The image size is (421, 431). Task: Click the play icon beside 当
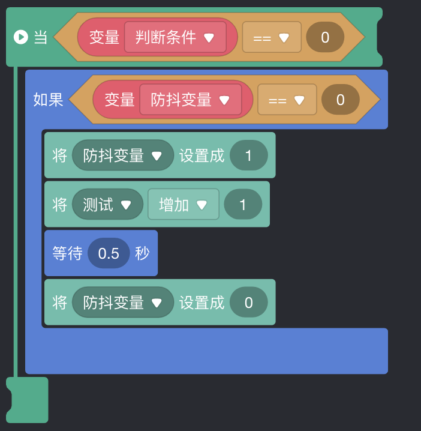[x=20, y=37]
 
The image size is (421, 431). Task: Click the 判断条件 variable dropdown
[x=175, y=37]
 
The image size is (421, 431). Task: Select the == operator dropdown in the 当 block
[x=272, y=37]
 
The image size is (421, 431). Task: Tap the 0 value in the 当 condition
[x=325, y=37]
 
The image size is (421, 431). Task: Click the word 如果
[x=48, y=100]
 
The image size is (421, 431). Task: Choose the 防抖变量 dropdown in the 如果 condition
[x=191, y=100]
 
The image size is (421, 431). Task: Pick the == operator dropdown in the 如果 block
[x=287, y=100]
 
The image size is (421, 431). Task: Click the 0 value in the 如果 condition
[x=341, y=100]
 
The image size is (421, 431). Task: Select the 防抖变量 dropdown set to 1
[x=123, y=155]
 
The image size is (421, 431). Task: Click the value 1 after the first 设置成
[x=249, y=155]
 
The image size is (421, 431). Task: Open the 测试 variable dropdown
[x=107, y=205]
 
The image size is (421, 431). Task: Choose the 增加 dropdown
[x=183, y=205]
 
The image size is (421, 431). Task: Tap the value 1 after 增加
[x=243, y=205]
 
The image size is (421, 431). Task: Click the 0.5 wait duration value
[x=109, y=253]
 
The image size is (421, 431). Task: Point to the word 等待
[x=67, y=253]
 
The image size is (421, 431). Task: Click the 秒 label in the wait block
[x=142, y=253]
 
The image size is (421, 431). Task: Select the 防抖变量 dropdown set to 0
[x=123, y=303]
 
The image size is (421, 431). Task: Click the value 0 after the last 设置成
[x=249, y=303]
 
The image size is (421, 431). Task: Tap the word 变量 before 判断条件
[x=104, y=37]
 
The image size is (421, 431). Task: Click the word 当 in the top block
[x=40, y=37]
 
